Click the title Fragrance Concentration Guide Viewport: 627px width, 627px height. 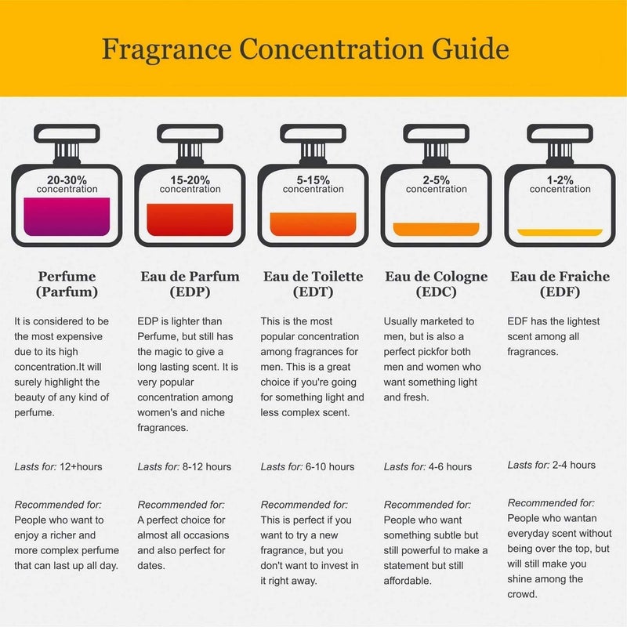(305, 49)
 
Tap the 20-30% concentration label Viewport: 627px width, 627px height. (67, 183)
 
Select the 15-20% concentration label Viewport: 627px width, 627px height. (190, 183)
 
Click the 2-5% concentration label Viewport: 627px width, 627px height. (436, 183)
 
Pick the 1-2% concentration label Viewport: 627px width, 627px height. (560, 183)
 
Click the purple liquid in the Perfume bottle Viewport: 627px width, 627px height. (67, 216)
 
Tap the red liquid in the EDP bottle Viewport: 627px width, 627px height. (190, 219)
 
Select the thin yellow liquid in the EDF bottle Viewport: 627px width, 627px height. (560, 232)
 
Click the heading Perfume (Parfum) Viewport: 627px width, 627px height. (67, 285)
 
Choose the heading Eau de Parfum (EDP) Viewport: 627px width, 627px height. (190, 285)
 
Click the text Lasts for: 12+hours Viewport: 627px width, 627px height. (59, 467)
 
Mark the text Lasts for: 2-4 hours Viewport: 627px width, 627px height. (552, 466)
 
